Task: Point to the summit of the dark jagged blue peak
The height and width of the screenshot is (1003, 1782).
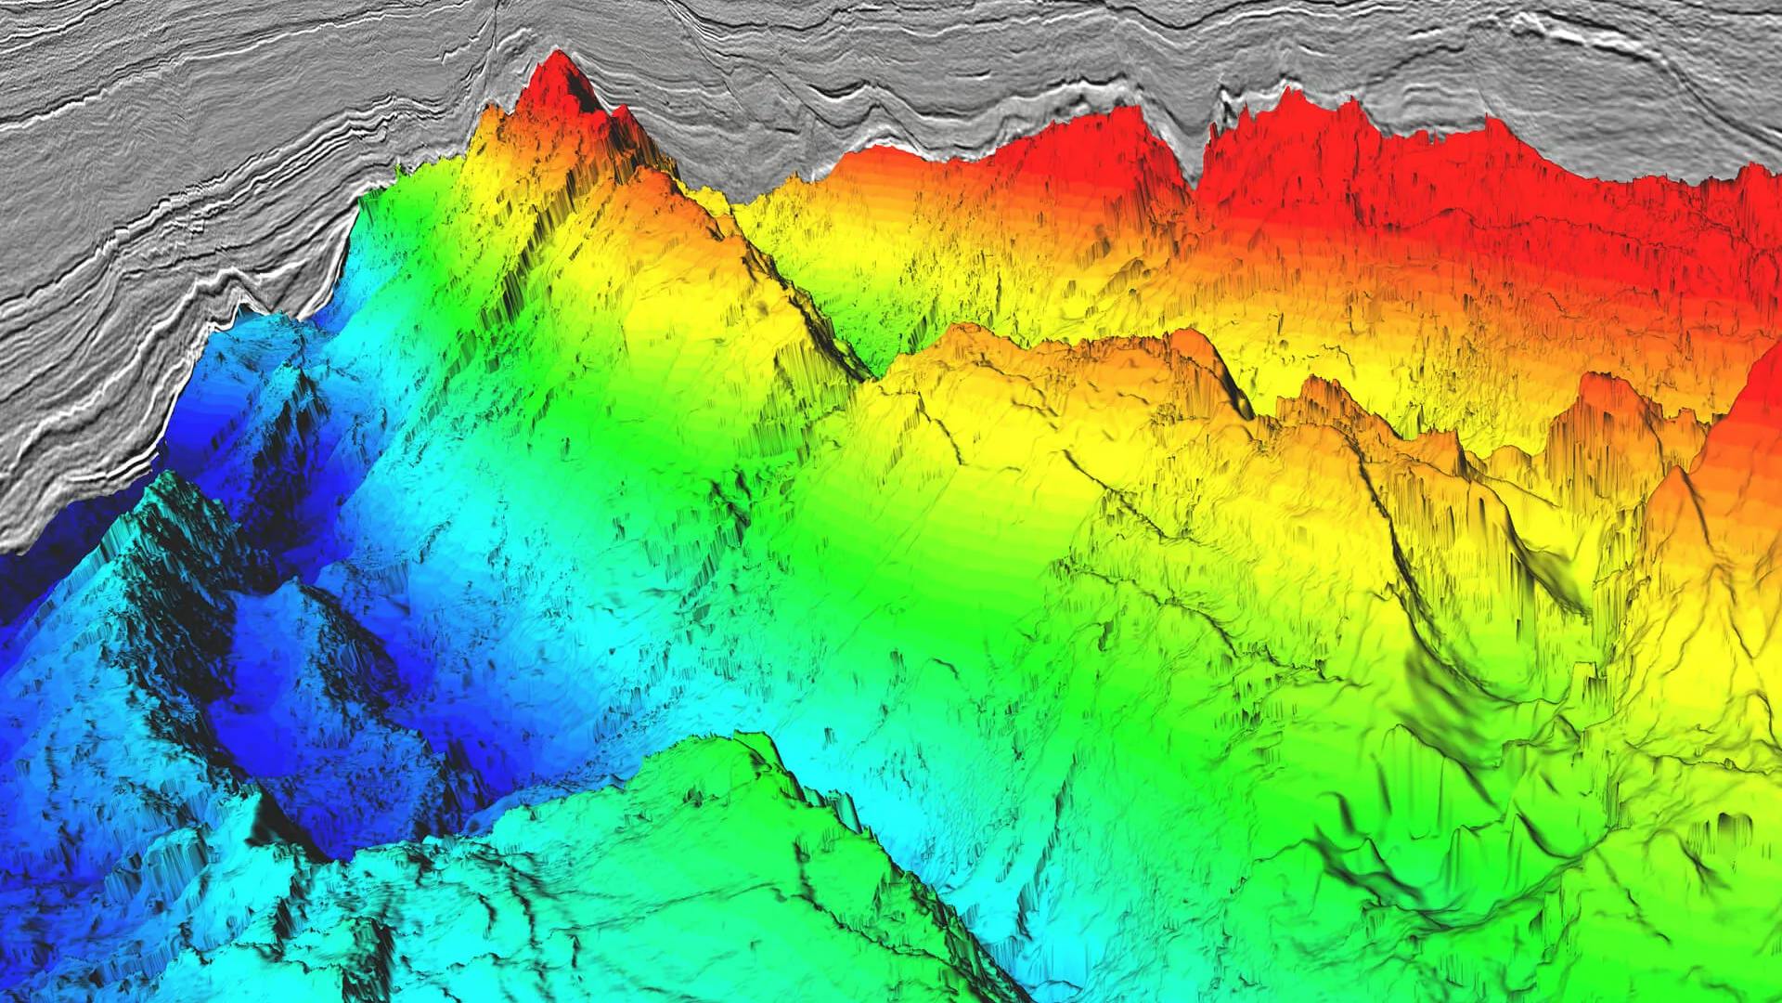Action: coord(172,478)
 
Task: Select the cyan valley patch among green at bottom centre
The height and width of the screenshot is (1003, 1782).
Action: coord(928,836)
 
